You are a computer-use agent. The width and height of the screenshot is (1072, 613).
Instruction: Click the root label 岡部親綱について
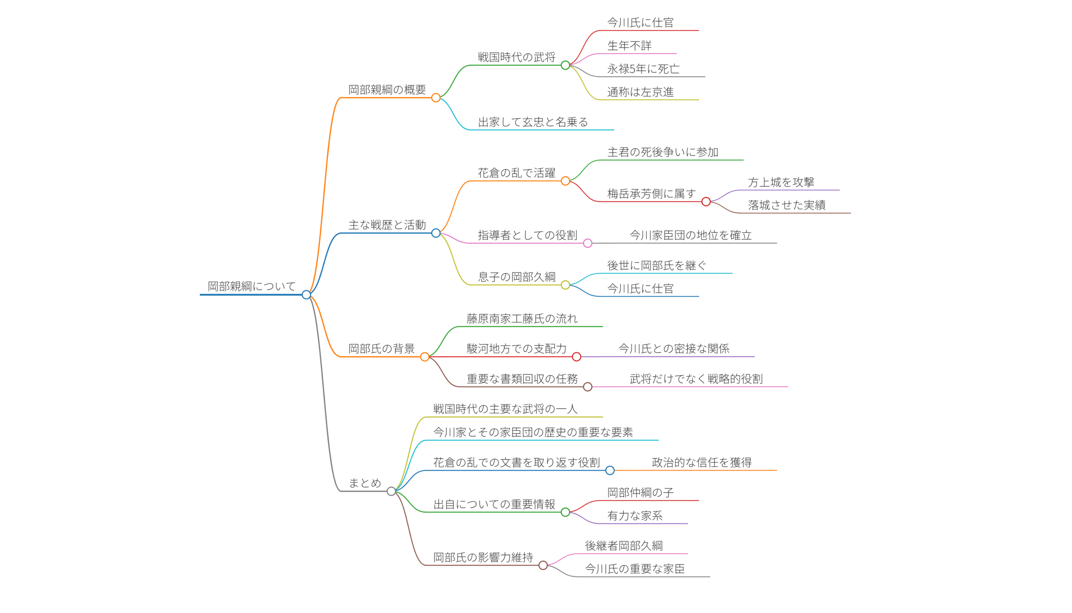(x=251, y=286)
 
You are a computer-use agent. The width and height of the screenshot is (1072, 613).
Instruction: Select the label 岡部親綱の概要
(x=387, y=90)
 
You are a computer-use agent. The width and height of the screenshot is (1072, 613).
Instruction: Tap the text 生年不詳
(x=629, y=46)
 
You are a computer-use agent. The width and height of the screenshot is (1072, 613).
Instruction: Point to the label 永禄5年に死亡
(x=643, y=69)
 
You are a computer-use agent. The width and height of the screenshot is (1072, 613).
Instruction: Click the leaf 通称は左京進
(x=640, y=92)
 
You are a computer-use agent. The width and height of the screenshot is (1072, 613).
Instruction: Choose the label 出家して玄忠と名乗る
(x=533, y=122)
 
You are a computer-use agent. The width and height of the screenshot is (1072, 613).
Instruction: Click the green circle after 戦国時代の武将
(x=565, y=65)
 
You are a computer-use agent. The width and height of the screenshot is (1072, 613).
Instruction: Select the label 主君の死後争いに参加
(x=662, y=152)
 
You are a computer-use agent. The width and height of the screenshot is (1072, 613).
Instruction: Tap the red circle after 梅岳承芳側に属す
(x=706, y=202)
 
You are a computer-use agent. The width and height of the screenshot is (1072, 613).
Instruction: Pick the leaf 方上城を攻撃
(x=781, y=182)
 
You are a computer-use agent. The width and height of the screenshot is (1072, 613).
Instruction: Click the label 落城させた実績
(x=786, y=205)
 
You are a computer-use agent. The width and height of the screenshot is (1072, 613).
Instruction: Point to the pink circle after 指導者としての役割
(x=588, y=243)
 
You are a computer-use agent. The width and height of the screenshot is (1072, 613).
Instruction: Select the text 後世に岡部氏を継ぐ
(x=657, y=265)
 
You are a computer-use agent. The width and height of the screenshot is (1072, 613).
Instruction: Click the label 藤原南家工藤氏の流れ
(x=522, y=319)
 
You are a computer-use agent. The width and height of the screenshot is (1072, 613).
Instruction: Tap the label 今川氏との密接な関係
(x=673, y=349)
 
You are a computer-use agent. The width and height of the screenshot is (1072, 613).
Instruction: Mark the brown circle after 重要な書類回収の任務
(x=588, y=387)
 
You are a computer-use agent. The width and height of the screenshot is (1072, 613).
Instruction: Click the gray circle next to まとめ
(x=391, y=491)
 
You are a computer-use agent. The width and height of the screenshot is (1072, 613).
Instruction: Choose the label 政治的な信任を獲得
(x=701, y=462)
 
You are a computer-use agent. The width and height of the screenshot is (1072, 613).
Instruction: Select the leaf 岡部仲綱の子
(x=640, y=492)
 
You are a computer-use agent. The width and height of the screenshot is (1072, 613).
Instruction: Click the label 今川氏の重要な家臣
(x=634, y=569)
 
